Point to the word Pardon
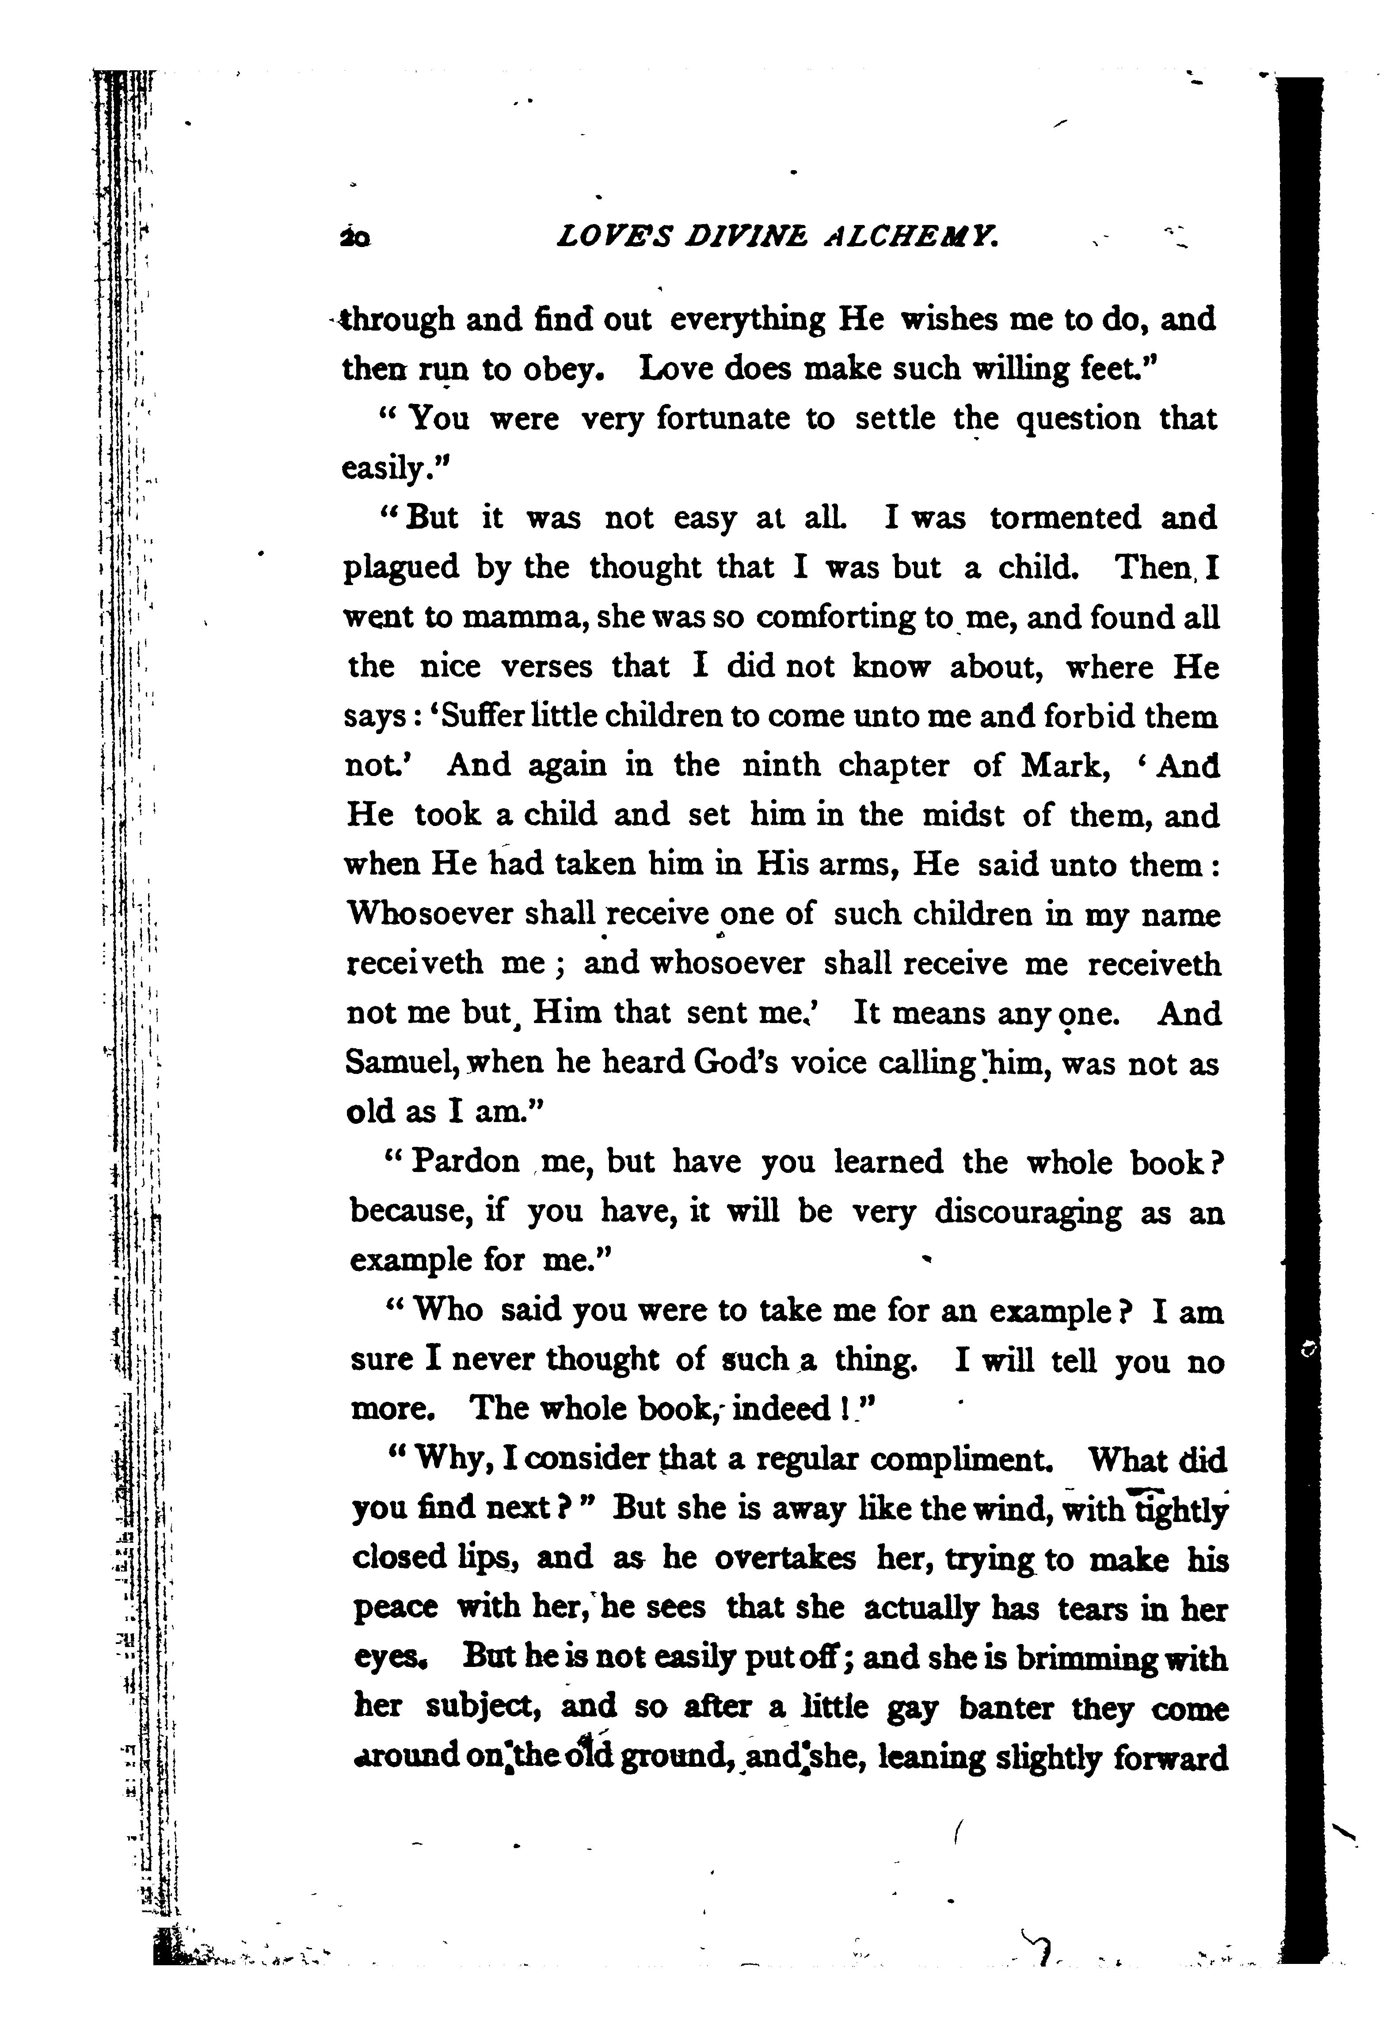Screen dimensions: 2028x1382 pyautogui.click(x=465, y=1162)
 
